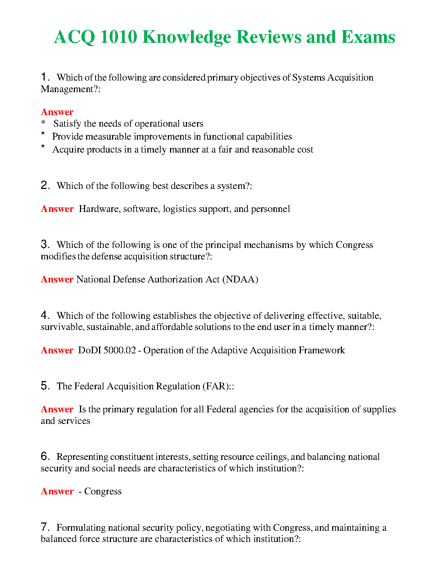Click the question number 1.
(x=44, y=77)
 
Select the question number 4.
(x=45, y=315)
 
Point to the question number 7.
(x=45, y=527)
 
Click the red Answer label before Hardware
(x=57, y=209)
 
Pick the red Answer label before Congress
(x=57, y=491)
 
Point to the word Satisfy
(x=67, y=124)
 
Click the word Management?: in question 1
(x=70, y=89)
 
